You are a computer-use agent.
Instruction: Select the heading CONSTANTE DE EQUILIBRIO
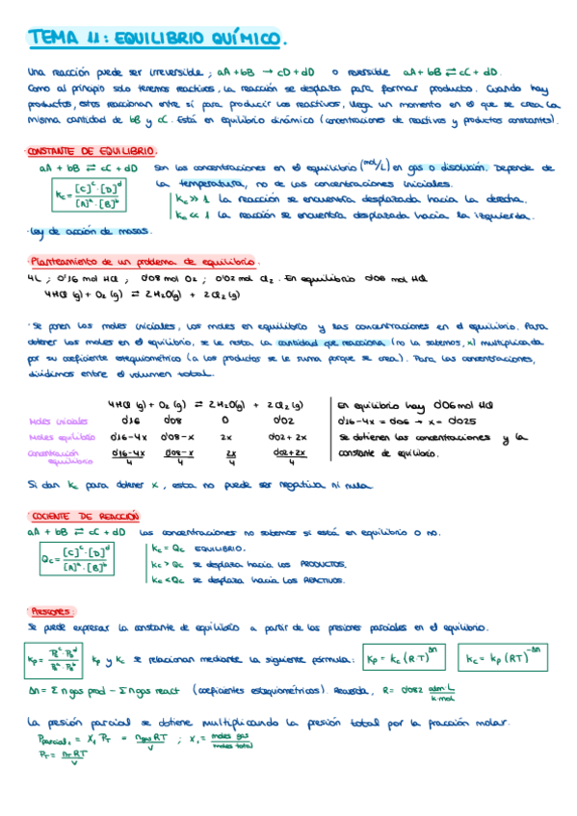pyautogui.click(x=92, y=152)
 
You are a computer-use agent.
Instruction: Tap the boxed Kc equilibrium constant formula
pyautogui.click(x=92, y=195)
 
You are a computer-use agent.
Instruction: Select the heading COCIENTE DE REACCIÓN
pyautogui.click(x=79, y=517)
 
